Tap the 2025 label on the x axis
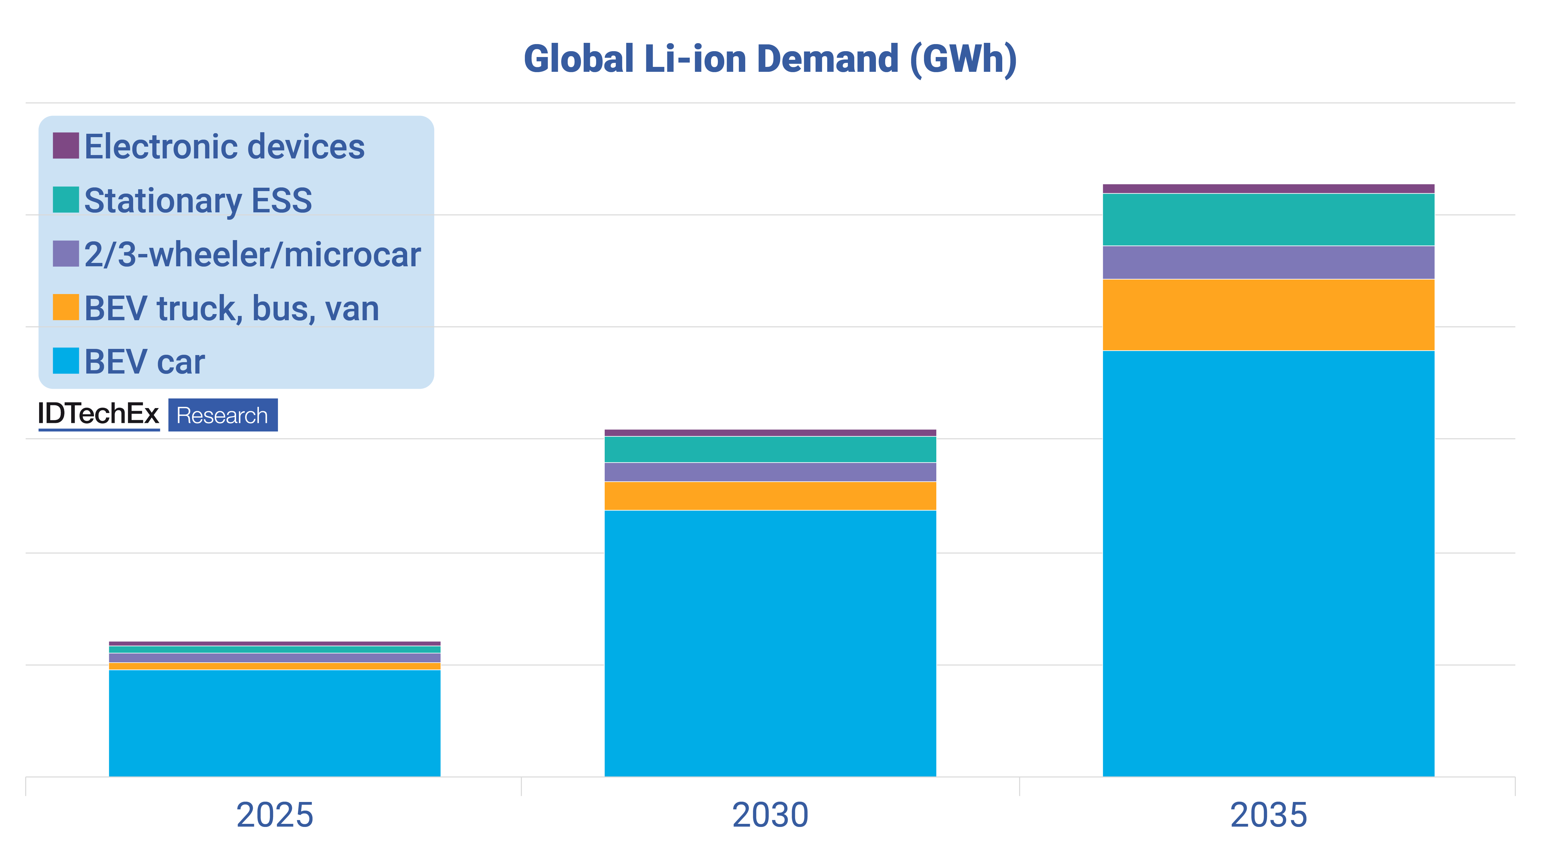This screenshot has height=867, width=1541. point(275,815)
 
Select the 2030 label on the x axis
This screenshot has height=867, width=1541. point(770,815)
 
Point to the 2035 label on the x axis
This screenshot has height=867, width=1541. point(1268,815)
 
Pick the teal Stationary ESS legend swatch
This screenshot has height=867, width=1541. point(66,200)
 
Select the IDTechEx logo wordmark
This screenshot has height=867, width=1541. point(99,414)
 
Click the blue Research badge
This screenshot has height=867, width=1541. point(223,415)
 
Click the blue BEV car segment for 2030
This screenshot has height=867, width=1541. point(770,643)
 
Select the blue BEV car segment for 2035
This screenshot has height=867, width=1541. point(1268,562)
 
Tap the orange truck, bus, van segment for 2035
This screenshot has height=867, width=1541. point(1268,315)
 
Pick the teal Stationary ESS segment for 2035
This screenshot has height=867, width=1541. point(1268,219)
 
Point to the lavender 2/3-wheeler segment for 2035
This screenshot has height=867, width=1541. point(1268,262)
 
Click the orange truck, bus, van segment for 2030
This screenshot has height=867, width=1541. point(770,495)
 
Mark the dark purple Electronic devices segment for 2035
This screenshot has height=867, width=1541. point(1268,189)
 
